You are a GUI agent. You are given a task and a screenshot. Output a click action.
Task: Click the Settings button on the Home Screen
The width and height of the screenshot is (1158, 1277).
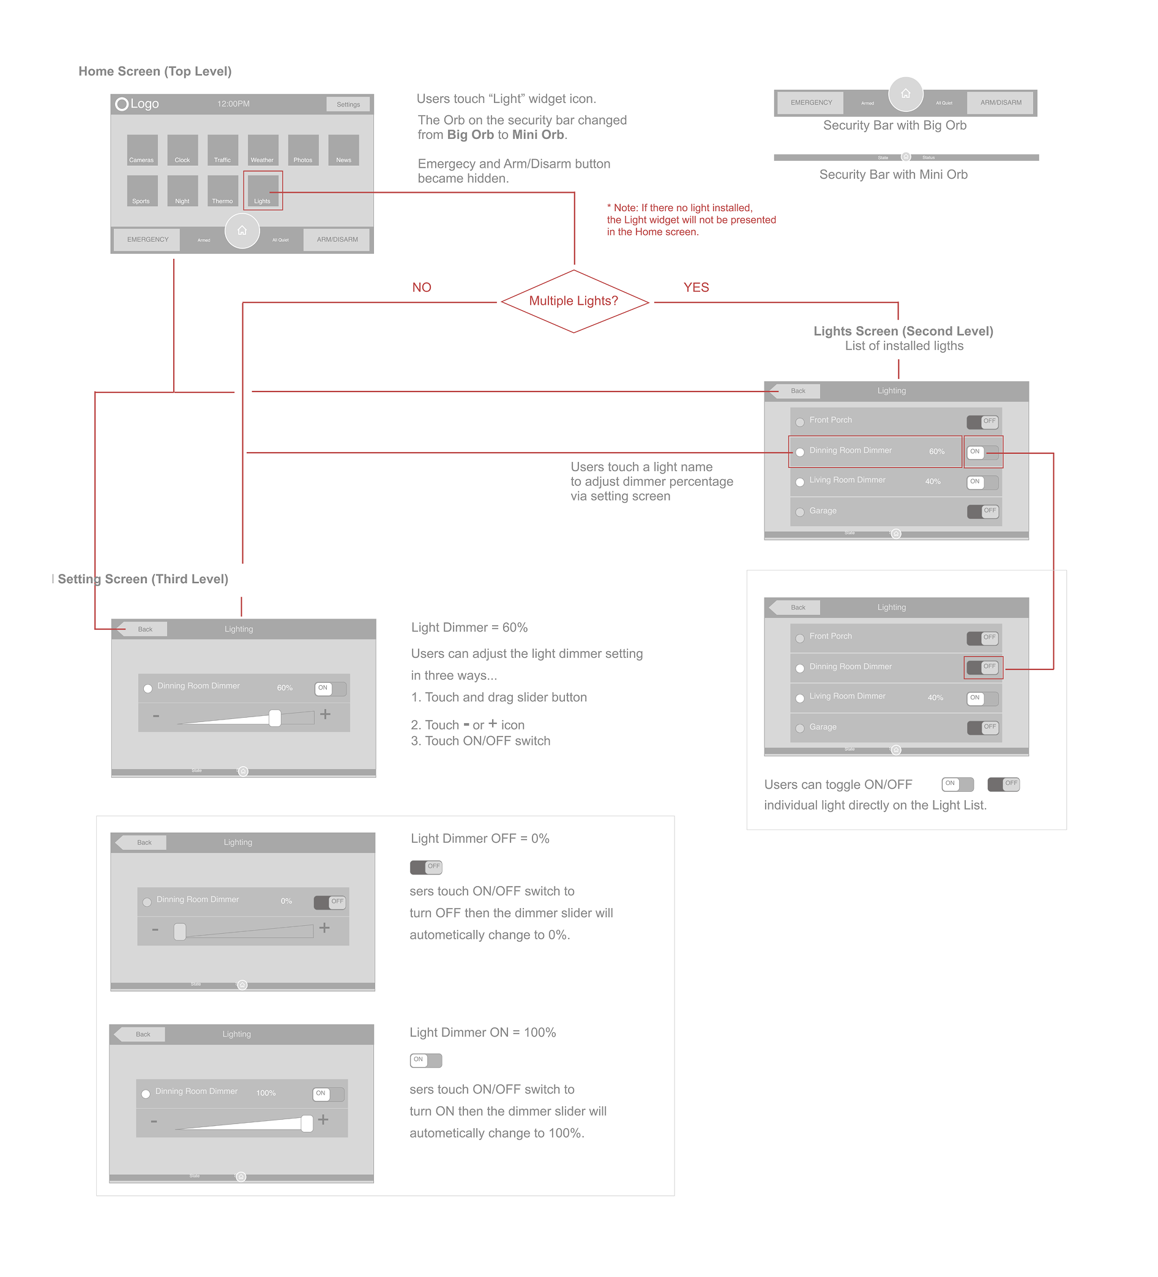pyautogui.click(x=348, y=104)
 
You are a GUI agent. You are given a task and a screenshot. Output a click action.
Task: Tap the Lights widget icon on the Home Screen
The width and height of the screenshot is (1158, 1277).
pyautogui.click(x=262, y=190)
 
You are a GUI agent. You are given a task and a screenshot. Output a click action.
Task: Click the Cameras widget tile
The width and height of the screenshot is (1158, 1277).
pyautogui.click(x=142, y=150)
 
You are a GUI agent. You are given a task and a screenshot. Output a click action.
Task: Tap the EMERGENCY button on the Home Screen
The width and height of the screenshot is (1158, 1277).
pyautogui.click(x=148, y=239)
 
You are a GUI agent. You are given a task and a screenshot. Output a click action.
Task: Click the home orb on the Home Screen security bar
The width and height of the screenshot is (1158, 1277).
pyautogui.click(x=242, y=231)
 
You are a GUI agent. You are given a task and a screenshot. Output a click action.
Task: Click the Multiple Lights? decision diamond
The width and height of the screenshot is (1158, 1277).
pyautogui.click(x=574, y=301)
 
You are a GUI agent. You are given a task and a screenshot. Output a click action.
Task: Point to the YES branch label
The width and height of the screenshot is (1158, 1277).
pyautogui.click(x=696, y=288)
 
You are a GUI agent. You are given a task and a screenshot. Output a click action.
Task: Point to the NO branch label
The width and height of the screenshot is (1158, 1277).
pyautogui.click(x=421, y=288)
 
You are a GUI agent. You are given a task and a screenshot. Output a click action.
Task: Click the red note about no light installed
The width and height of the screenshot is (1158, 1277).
pyautogui.click(x=690, y=220)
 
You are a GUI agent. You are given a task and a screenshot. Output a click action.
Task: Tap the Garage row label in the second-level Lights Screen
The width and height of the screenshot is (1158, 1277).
pyautogui.click(x=823, y=511)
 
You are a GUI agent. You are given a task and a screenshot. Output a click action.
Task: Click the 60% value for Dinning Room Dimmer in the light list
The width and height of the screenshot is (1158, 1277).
pyautogui.click(x=937, y=452)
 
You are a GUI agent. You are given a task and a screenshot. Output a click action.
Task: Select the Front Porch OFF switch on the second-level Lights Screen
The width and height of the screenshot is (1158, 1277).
pyautogui.click(x=983, y=421)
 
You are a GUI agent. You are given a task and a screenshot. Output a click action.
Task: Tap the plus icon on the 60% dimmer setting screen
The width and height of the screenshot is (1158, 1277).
pyautogui.click(x=326, y=715)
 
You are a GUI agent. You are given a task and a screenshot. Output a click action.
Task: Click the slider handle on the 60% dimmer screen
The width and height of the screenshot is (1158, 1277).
pyautogui.click(x=275, y=718)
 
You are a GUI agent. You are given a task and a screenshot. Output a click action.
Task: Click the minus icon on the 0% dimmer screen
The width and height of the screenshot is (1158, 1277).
pyautogui.click(x=155, y=930)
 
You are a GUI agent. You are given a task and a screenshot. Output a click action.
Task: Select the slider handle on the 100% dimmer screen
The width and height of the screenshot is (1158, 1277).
pyautogui.click(x=307, y=1123)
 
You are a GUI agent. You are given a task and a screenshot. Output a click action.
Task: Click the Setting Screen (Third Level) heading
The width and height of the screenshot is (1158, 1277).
pyautogui.click(x=143, y=579)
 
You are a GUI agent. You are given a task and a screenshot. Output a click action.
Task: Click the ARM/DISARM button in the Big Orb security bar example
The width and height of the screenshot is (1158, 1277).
pyautogui.click(x=1001, y=103)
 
